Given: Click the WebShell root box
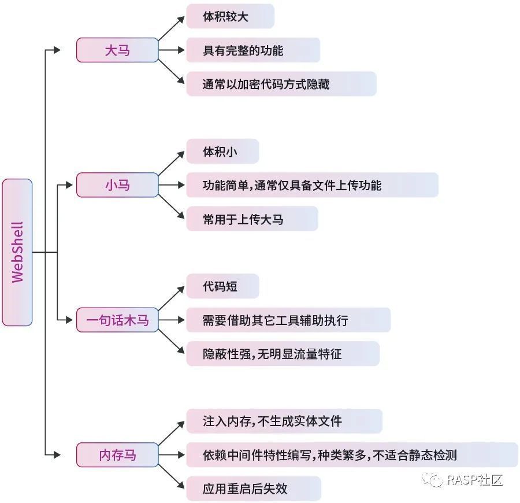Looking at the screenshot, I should [17, 252].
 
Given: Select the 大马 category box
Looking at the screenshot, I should [117, 50].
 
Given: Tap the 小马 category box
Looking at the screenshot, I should [117, 185].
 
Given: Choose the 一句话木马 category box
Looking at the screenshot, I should [117, 320].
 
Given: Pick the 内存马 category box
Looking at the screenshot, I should [117, 454].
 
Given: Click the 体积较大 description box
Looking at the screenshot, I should [229, 16].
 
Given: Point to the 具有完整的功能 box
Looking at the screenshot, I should [252, 50].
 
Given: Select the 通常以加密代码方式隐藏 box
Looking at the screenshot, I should [281, 84].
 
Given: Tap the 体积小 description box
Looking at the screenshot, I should [222, 151].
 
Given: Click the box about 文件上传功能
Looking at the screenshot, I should [312, 185].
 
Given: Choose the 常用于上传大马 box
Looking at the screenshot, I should [252, 219].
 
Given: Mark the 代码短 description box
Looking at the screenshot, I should [222, 286].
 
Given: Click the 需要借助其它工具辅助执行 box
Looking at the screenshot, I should [288, 320].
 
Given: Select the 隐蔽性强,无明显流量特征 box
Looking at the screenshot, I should [283, 353].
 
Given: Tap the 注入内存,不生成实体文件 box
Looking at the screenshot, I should [284, 421].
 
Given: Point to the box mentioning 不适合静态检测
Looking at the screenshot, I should [351, 454].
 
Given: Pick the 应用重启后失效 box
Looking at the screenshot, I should [253, 489].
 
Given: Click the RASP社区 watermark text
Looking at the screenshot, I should [475, 480].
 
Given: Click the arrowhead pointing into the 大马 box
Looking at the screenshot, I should [57, 50].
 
